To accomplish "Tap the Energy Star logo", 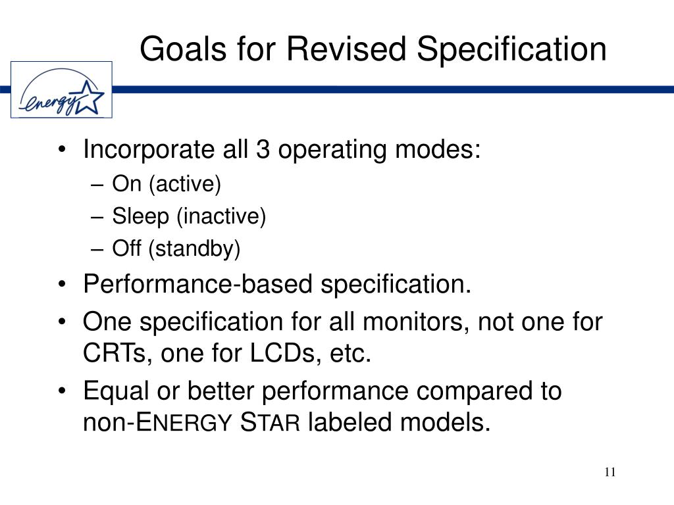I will tap(61, 90).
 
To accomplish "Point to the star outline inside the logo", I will tap(90, 97).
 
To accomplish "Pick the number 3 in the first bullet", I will tap(261, 151).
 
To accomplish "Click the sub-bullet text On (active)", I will tap(167, 184).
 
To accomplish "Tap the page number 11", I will tap(609, 472).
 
